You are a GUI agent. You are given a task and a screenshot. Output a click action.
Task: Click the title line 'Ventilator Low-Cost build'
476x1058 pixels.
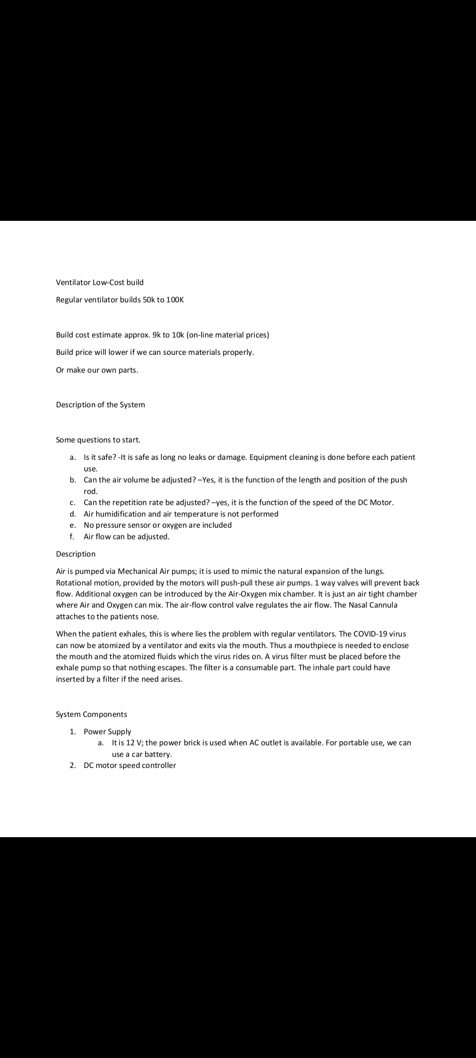pos(100,282)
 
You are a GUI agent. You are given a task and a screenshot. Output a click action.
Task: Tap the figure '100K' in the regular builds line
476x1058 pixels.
pos(175,300)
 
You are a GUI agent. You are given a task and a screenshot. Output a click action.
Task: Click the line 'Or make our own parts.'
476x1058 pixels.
pos(97,370)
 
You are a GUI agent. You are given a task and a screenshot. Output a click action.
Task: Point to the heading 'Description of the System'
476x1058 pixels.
pos(100,405)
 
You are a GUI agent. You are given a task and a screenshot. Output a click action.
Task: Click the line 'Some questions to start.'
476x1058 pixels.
pos(98,440)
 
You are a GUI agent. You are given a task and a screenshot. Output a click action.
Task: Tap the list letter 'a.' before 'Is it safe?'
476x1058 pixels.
pos(73,457)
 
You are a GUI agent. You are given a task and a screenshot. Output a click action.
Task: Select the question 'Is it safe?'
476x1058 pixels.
pos(100,457)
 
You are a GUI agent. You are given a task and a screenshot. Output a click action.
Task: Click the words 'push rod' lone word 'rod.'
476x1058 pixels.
pos(90,491)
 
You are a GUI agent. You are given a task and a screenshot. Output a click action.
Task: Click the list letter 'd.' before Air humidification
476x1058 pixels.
pos(73,514)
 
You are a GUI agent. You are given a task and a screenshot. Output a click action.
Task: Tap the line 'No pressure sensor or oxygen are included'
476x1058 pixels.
pos(157,525)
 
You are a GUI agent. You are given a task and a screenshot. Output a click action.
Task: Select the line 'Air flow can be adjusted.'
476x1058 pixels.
pos(126,536)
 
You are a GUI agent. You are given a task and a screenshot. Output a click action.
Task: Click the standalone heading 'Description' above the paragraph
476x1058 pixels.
pos(75,554)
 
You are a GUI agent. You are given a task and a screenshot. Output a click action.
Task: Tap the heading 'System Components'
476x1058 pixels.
pos(91,714)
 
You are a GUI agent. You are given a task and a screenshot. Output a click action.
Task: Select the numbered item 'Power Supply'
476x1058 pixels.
pos(108,731)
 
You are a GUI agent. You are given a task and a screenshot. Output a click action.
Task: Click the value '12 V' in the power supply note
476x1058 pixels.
pos(134,743)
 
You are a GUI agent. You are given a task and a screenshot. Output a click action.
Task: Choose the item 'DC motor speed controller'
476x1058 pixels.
pos(130,765)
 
